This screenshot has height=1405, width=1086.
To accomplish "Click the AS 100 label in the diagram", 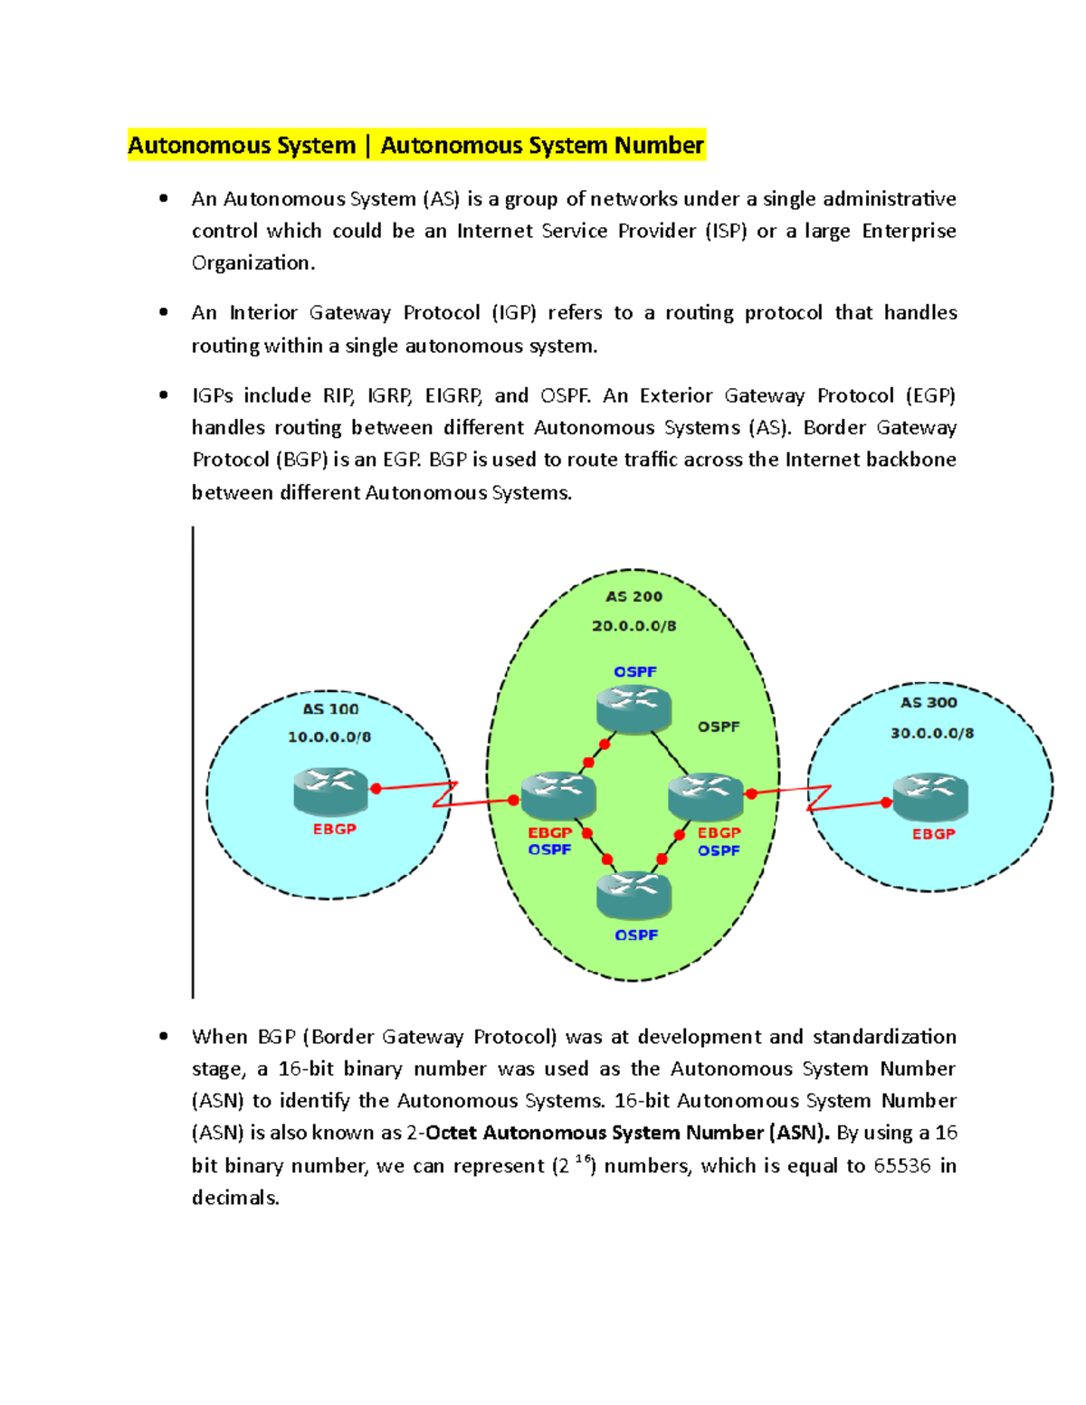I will (x=330, y=709).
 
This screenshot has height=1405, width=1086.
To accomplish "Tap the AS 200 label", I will (x=633, y=597).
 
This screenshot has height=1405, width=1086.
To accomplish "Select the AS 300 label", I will (x=929, y=703).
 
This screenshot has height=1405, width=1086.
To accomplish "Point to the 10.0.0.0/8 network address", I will (x=329, y=737).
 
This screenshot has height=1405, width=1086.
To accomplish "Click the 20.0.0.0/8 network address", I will (x=633, y=626).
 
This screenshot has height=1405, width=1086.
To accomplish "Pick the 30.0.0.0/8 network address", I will (x=932, y=734).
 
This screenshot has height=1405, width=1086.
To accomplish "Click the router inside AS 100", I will (x=330, y=791).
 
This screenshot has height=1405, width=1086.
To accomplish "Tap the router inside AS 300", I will (x=930, y=797).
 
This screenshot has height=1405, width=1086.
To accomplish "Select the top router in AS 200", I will (x=633, y=708).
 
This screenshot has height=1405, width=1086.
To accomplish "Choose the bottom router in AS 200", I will (x=633, y=896).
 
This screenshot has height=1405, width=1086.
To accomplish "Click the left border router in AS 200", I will (x=558, y=795).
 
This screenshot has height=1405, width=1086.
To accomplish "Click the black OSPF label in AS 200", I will (x=719, y=727).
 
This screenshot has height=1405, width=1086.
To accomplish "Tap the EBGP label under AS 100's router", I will (x=334, y=830).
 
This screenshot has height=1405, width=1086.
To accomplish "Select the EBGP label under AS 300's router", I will (x=933, y=834).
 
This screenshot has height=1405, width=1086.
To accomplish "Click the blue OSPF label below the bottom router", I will (x=636, y=935).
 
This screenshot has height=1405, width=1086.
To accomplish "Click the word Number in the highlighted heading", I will (x=659, y=146).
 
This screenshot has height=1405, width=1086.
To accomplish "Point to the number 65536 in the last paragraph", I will (x=901, y=1165).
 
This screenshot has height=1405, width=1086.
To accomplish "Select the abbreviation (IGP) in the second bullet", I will (x=514, y=313).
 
